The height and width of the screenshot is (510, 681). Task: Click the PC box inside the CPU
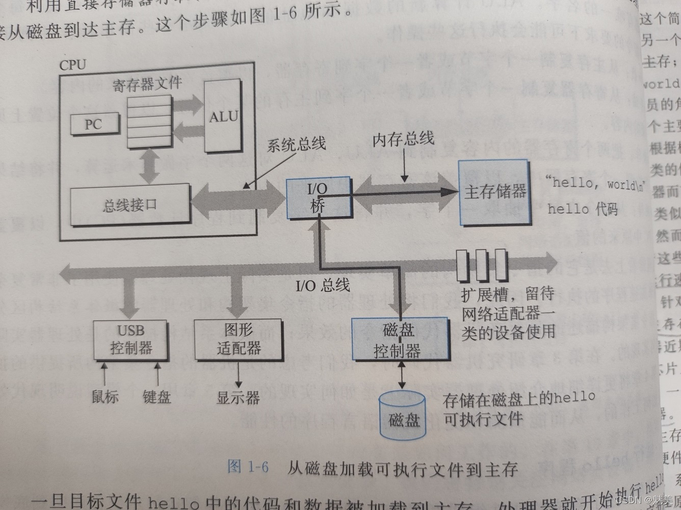point(94,124)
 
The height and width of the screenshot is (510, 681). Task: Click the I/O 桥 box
point(319,197)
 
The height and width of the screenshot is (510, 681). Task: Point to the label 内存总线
point(403,139)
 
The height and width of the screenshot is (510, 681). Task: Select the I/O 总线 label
point(323,285)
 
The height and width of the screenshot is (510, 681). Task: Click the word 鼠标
point(105,396)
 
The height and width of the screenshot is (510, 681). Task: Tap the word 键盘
point(156,396)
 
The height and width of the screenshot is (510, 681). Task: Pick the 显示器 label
point(238,397)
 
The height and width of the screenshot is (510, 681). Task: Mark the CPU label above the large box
point(73,65)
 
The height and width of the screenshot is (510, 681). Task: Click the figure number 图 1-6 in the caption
point(248,467)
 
